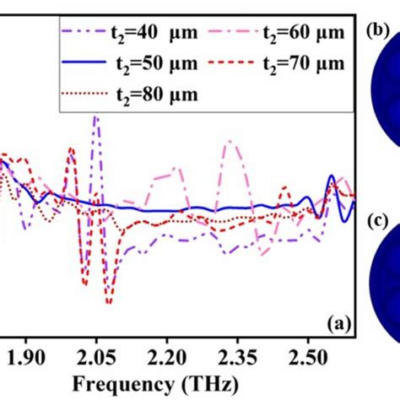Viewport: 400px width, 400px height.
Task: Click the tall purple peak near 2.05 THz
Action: (95, 121)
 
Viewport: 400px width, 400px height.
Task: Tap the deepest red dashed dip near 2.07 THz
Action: (108, 300)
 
